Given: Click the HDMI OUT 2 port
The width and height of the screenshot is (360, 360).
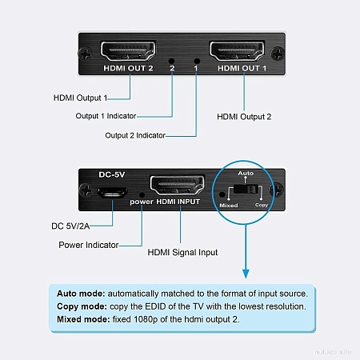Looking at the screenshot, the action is tap(128, 51).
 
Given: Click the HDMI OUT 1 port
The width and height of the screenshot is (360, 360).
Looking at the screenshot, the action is tap(237, 51).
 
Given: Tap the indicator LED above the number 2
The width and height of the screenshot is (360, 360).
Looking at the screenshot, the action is tap(172, 61).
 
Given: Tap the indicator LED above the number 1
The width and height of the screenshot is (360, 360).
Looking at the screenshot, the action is tap(197, 61).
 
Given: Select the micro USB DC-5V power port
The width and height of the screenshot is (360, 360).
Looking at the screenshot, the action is tap(112, 193).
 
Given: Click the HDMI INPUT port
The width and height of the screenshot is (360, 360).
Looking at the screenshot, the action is tap(178, 186).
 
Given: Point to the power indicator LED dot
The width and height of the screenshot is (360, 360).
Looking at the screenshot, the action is tap(142, 195).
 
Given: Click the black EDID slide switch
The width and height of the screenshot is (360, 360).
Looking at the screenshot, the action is tap(246, 190).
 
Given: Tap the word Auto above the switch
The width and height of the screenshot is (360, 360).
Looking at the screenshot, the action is tap(246, 174).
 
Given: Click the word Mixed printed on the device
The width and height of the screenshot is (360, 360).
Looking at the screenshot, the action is tap(229, 206).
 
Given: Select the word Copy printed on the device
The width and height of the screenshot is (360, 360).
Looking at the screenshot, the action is tap(262, 205).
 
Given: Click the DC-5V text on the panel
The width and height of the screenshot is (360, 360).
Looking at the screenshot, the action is tap(112, 174).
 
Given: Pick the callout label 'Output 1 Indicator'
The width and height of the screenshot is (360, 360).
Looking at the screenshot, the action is tap(106, 116).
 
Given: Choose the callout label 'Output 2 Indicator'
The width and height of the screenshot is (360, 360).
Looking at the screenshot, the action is tap(135, 135).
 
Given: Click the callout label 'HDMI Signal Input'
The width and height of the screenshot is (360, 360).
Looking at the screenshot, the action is tap(182, 252).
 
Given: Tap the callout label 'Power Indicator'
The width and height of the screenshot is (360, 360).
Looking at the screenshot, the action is tap(89, 245).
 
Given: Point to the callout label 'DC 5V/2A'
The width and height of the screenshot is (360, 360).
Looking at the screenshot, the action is tap(70, 226).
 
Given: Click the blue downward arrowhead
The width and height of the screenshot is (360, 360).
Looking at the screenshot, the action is tap(246, 274).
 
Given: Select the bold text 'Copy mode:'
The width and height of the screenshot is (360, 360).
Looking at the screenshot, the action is tap(82, 306).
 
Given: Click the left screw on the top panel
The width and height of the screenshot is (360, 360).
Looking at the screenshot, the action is tap(86, 54).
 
